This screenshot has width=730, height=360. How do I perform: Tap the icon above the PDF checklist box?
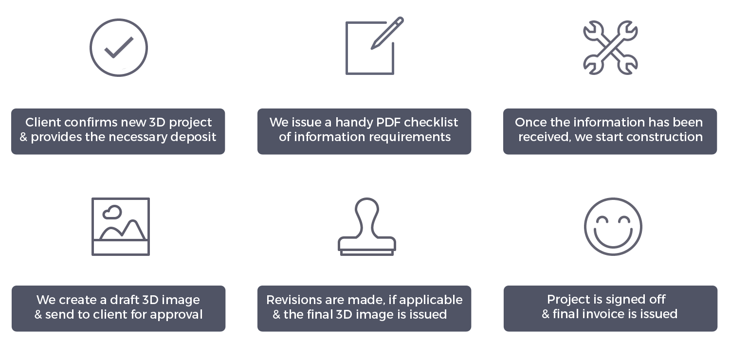[x=375, y=46]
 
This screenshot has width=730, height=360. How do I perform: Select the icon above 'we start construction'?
[x=610, y=47]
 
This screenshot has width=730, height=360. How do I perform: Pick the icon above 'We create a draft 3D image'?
[x=121, y=227]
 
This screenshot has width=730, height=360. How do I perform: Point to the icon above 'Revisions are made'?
[x=367, y=227]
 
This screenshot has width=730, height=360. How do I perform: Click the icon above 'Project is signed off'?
[x=613, y=227]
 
